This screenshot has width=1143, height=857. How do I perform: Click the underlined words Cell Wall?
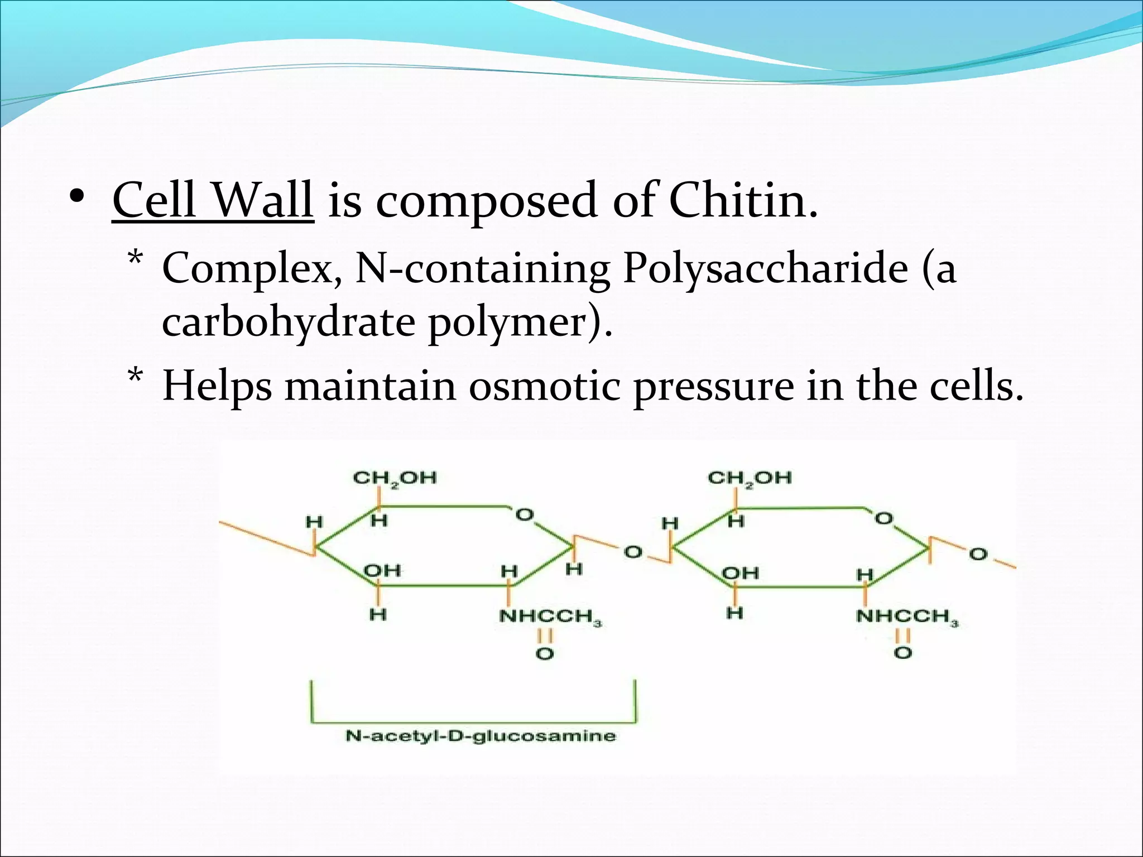pos(213,200)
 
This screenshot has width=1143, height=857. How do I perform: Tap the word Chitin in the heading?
pos(742,200)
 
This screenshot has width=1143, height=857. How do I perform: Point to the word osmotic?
pos(544,386)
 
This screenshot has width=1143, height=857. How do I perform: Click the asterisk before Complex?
pos(135,260)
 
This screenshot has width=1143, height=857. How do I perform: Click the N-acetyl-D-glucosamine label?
pos(481,735)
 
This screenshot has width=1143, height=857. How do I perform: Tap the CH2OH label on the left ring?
pos(395,478)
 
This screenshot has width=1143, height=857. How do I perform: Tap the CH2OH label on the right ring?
pos(749,478)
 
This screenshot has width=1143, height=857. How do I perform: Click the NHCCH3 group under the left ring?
pos(550,617)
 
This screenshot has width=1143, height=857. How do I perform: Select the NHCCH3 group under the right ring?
pos(906,617)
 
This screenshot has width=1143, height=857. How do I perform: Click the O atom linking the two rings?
pos(632,552)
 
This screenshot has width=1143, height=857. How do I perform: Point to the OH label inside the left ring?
pos(382,570)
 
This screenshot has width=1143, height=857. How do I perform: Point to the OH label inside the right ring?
pos(740,573)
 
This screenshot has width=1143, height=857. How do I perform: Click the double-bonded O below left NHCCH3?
pos(544,653)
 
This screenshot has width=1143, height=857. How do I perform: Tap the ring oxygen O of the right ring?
pos(883,519)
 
